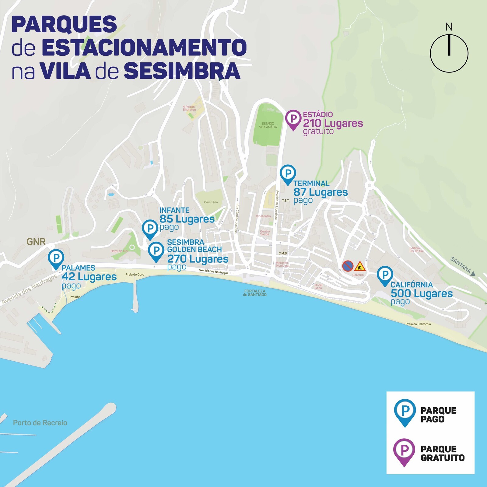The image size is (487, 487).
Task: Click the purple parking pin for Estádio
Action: [293, 119]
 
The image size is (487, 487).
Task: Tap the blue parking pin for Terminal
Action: [288, 174]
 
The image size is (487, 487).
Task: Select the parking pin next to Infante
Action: [150, 228]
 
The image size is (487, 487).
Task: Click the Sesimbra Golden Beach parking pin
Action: [156, 251]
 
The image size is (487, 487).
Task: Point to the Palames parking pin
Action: [56, 258]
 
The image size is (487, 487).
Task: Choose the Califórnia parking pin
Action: [385, 275]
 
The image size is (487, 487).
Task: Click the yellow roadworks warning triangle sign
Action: [360, 267]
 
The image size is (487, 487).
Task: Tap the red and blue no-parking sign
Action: [348, 266]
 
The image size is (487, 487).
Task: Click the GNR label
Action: [36, 242]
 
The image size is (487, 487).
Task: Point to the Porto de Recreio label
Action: [40, 423]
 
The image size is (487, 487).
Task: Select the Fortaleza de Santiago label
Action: [255, 293]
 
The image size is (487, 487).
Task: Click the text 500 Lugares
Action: [422, 294]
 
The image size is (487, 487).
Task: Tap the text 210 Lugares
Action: [333, 124]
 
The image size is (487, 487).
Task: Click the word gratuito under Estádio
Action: [318, 131]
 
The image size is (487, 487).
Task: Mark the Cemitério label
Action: [211, 202]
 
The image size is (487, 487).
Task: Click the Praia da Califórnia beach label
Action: [418, 324]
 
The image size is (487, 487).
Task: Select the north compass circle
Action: [449, 54]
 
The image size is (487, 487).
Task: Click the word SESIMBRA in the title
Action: [182, 71]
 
